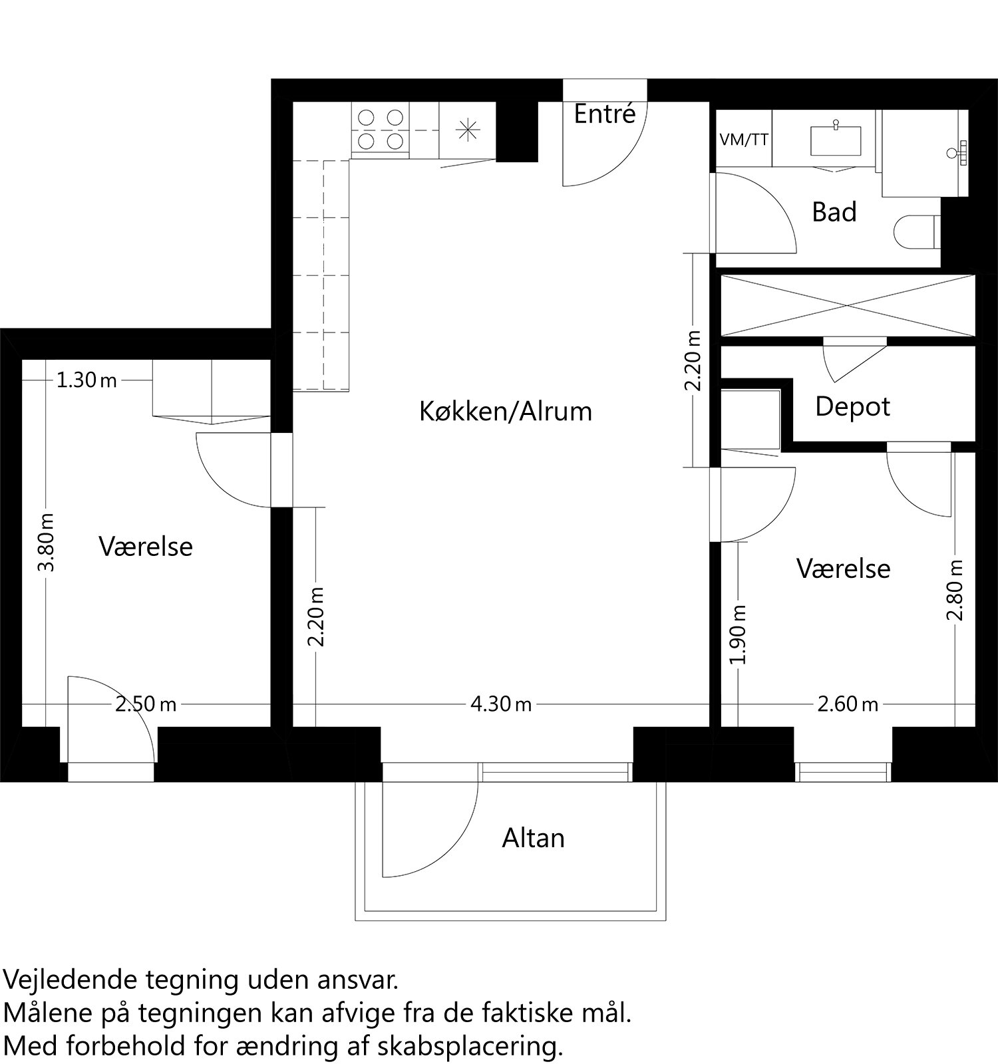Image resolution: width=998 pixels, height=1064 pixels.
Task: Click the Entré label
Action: pos(605,114)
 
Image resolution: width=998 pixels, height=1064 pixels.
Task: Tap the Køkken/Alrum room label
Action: pos(505,411)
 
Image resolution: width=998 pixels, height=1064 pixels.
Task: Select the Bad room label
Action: pos(834,212)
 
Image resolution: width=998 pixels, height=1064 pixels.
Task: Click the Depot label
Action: pos(852,406)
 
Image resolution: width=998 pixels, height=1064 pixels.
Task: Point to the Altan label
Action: pos(533,838)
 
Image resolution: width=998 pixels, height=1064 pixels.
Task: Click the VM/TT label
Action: pos(744,140)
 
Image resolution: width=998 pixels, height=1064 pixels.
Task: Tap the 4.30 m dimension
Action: pos(501,704)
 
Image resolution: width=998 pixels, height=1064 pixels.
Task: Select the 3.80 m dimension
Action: pos(47,542)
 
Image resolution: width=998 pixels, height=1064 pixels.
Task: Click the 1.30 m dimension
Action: pos(86,380)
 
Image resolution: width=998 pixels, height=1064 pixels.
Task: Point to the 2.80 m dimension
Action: pos(955,590)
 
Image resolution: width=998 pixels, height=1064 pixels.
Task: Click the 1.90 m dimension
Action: pos(739,634)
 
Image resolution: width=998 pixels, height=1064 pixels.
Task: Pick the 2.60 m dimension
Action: pos(848,704)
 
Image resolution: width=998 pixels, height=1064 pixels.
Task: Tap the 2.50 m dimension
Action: pos(146,704)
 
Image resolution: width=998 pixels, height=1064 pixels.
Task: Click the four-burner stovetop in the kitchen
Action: pos(381,130)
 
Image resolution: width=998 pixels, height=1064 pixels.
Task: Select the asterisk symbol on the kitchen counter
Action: pos(467,129)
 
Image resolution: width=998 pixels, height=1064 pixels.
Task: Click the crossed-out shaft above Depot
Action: pos(848,306)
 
